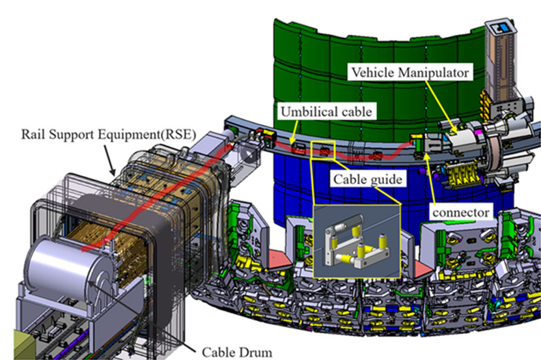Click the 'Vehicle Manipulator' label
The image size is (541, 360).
(410, 72)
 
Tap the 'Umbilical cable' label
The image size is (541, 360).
(326, 111)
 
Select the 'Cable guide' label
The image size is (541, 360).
(368, 179)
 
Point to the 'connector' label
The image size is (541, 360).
(461, 212)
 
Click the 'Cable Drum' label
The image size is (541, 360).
(237, 352)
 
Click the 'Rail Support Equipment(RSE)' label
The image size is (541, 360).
(108, 134)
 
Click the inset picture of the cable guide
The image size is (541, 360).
(357, 241)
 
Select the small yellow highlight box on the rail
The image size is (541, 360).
(323, 150)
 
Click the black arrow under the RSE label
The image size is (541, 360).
(109, 160)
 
